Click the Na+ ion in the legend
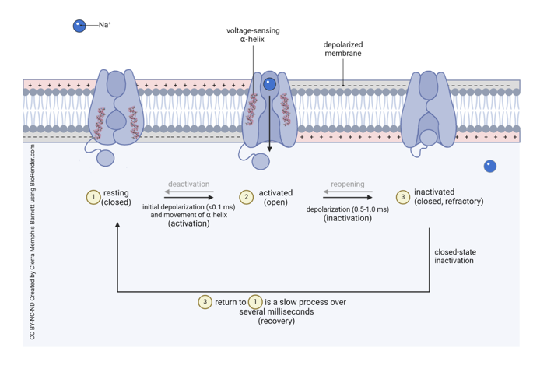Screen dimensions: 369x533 coord(79,26)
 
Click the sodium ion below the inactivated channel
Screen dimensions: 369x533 coord(489,165)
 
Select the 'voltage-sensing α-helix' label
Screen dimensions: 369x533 coord(253,34)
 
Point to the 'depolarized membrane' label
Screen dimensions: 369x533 coord(342,49)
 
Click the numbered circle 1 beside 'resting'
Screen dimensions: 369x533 coord(93,197)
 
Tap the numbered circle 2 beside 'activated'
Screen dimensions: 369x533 coord(247,197)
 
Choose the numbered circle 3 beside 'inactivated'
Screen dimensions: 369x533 coord(402,197)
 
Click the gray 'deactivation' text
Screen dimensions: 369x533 coord(189,184)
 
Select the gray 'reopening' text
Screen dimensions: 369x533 coord(347,184)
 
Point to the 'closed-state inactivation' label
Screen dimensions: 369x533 coord(454,255)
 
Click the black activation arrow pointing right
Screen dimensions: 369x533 coord(189,197)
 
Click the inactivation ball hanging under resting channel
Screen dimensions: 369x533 coord(106,158)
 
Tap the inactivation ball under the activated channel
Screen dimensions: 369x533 coord(260,160)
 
